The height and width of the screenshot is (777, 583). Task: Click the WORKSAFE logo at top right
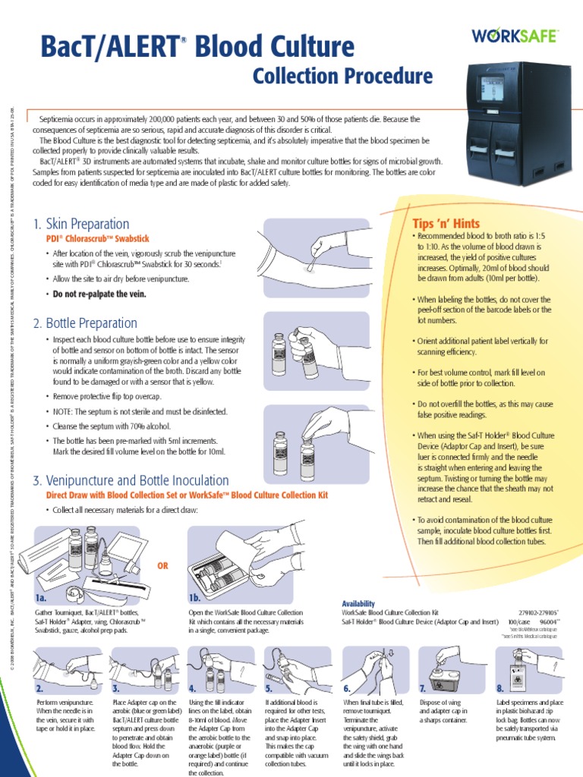tap(516, 35)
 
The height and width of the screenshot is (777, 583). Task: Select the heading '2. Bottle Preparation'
tap(86, 323)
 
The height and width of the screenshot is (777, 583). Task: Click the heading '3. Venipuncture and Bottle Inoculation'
tap(130, 480)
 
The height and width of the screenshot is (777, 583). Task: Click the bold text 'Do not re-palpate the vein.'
tap(99, 294)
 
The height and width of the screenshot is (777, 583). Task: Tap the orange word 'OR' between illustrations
tap(162, 566)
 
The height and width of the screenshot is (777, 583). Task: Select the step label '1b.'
tap(195, 598)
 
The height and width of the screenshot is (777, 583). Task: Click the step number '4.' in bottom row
tap(193, 688)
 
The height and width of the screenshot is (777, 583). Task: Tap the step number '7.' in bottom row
tap(423, 688)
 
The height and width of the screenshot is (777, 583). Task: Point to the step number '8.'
tap(500, 688)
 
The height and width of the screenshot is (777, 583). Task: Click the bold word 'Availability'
tap(359, 603)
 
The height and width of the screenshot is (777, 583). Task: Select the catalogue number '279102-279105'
tap(536, 611)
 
